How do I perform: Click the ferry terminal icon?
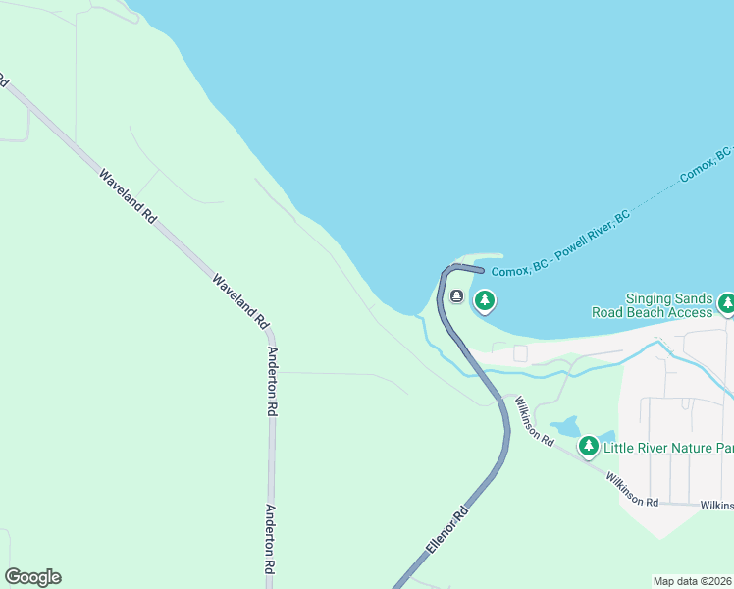tap(456, 296)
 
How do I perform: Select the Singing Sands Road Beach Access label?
tap(652, 305)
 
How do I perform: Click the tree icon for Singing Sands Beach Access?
tap(726, 303)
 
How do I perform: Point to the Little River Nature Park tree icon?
tap(588, 447)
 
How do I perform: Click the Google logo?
tap(32, 577)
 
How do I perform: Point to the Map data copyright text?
tap(693, 581)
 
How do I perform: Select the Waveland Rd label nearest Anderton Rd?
tap(239, 299)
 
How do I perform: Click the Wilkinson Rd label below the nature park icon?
tap(632, 489)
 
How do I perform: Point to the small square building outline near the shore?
tap(520, 353)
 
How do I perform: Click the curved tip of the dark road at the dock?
tap(479, 268)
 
